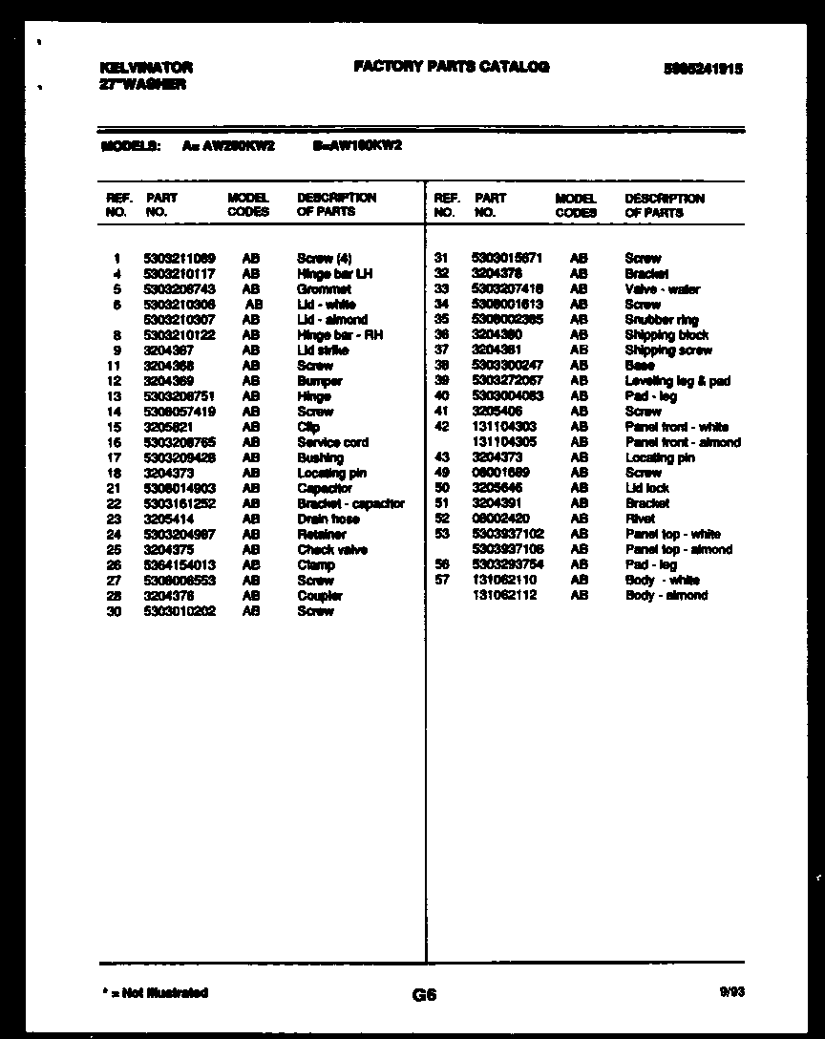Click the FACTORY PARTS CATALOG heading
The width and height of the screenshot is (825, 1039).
451,67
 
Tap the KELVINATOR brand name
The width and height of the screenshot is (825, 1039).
145,68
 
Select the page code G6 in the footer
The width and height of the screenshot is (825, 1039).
424,995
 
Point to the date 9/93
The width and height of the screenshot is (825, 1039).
732,992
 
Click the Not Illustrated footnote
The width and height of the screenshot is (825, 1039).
155,993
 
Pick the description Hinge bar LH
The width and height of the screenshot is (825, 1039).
334,274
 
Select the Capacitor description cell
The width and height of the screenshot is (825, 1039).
325,488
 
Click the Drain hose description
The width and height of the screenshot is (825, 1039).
328,519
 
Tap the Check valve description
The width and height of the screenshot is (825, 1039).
332,549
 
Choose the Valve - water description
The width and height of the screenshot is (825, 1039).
662,289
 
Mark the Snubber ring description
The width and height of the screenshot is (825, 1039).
661,320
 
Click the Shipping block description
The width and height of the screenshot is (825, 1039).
666,335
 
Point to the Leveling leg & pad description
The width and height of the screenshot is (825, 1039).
677,381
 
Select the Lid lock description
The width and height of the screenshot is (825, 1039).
646,488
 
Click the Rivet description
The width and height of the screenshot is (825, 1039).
640,519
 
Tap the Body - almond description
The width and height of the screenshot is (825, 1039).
666,595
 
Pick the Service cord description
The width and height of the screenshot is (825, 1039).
332,442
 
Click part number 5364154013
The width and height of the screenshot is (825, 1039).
180,564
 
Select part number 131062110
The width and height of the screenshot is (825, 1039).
504,580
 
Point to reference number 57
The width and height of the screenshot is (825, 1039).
441,580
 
